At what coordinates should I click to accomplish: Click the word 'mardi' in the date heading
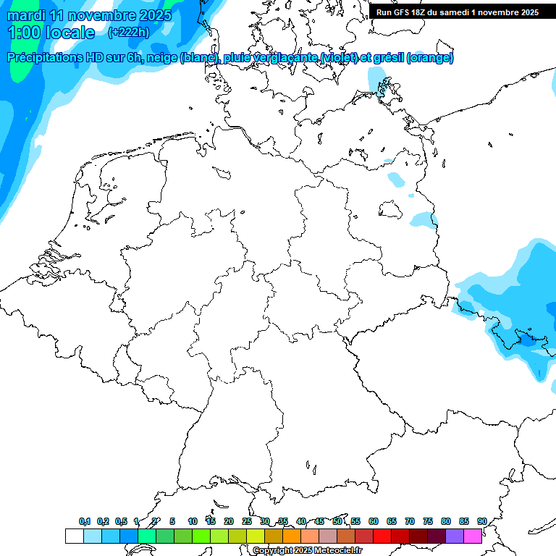26,15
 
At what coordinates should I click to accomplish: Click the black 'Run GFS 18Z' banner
458,12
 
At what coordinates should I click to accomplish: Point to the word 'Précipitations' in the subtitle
48,58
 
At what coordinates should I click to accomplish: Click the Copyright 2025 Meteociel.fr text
308,551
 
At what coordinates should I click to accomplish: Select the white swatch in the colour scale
74,536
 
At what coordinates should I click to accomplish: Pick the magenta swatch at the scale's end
473,536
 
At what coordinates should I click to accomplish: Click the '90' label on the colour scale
481,521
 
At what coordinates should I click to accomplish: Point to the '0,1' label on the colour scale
85,521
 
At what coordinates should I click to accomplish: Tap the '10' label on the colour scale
193,521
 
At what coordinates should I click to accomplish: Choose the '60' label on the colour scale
374,521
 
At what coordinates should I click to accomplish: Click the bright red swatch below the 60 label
382,536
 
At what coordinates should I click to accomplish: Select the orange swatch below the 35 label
292,536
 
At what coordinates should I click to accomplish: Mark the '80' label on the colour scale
446,521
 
